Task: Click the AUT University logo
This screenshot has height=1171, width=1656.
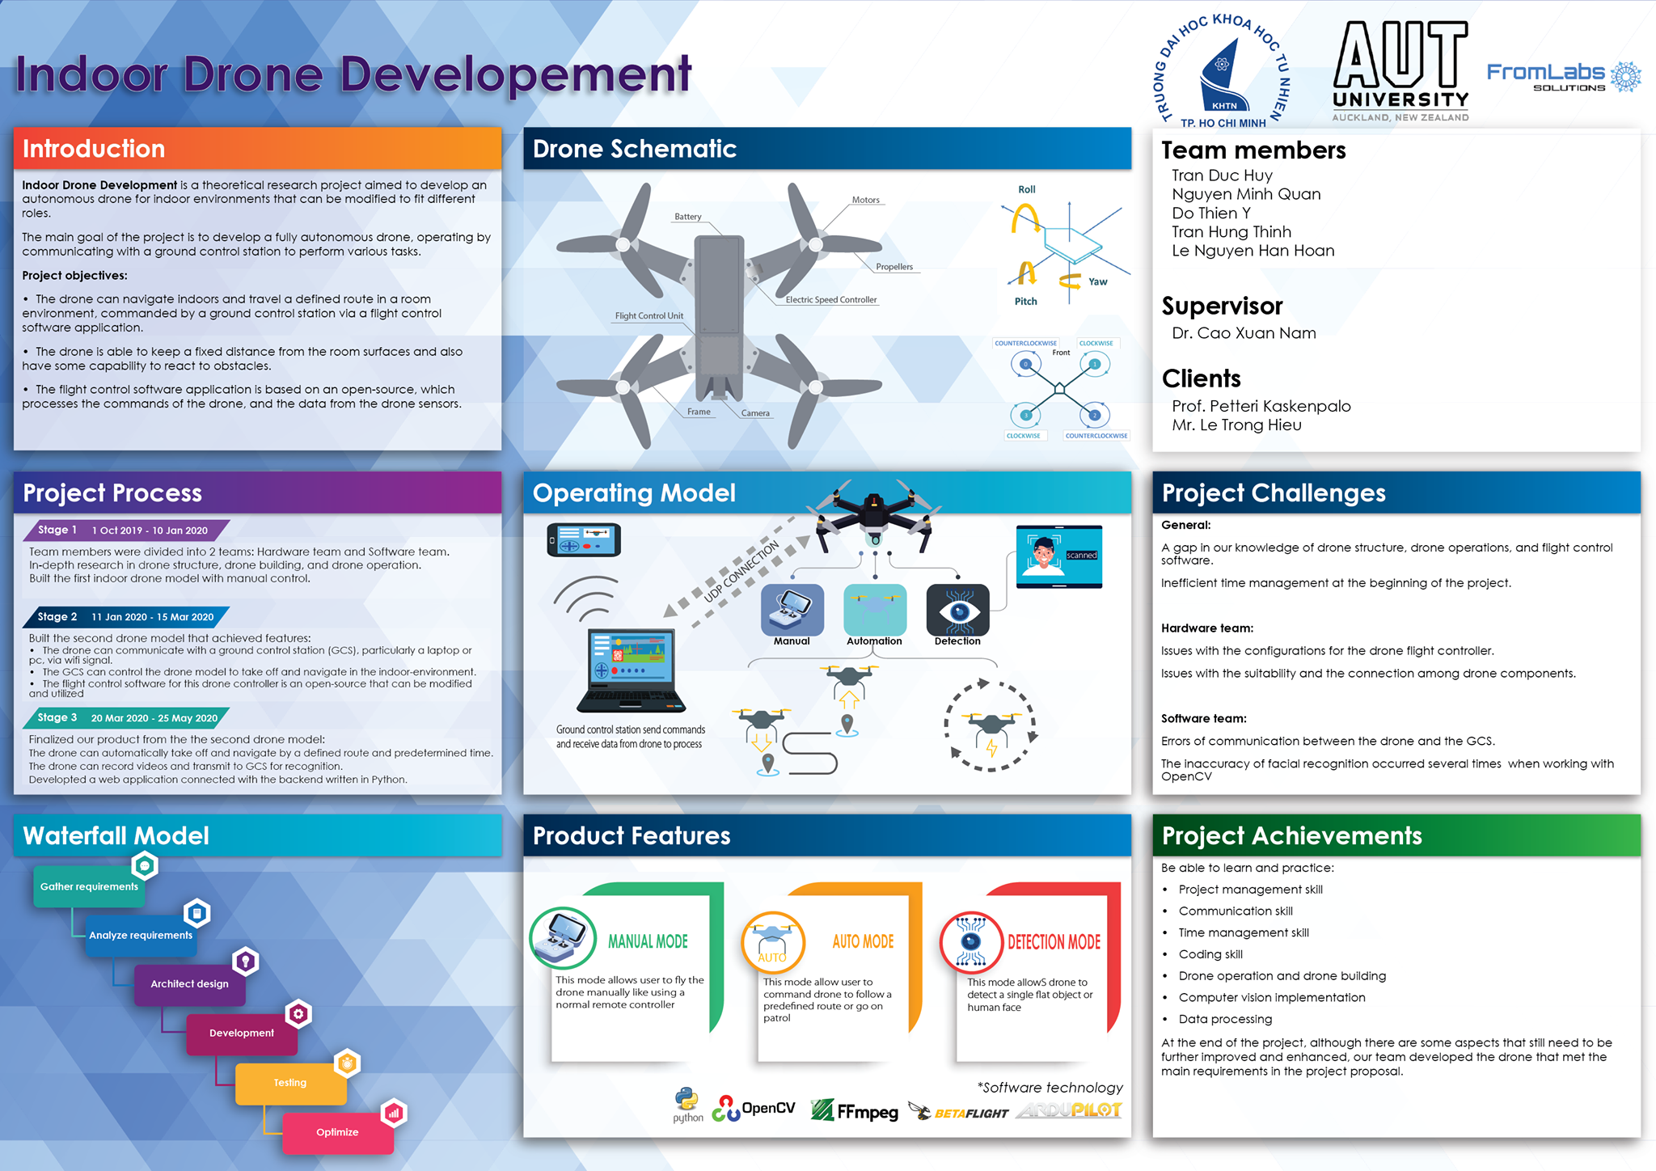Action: (x=1400, y=71)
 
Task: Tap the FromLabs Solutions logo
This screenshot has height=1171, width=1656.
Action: (x=1564, y=77)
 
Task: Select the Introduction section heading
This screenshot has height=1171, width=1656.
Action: (x=94, y=149)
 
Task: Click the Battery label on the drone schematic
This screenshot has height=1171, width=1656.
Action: (x=688, y=217)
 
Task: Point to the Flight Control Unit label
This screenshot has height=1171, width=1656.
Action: (x=648, y=316)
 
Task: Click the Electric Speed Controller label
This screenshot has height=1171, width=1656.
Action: (x=831, y=300)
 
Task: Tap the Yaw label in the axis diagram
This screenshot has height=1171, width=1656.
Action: (x=1097, y=281)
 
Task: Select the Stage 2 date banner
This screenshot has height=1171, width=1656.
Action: (x=127, y=617)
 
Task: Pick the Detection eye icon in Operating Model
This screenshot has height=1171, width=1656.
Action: (x=958, y=610)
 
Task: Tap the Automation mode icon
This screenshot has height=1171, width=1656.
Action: (x=875, y=610)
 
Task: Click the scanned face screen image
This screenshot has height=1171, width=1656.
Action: (x=1059, y=556)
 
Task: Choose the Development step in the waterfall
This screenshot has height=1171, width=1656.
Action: (x=242, y=1034)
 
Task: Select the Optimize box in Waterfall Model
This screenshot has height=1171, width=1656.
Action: (x=338, y=1132)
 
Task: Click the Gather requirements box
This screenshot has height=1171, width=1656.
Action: (x=89, y=887)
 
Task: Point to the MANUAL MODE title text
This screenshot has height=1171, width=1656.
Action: (x=648, y=941)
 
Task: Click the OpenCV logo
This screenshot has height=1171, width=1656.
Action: (x=754, y=1109)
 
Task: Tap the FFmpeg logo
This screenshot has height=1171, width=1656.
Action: (x=855, y=1110)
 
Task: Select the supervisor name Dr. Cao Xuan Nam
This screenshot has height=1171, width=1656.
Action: (x=1244, y=333)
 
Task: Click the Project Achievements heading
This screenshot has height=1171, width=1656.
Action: (x=1291, y=836)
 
